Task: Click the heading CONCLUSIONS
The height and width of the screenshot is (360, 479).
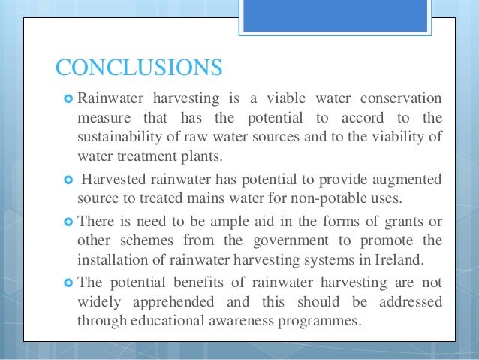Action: (139, 67)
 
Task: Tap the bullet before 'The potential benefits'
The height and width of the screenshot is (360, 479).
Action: (68, 282)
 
